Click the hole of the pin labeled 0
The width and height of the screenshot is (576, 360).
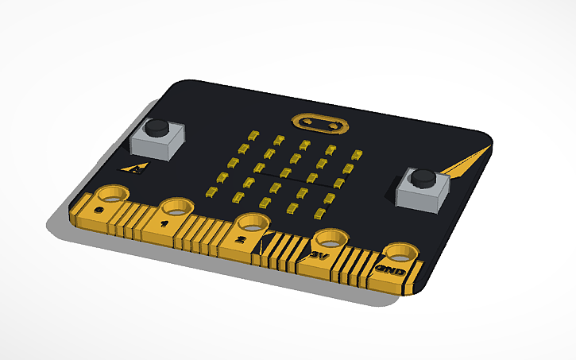pos(114,193)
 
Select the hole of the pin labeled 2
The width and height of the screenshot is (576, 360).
pos(252,223)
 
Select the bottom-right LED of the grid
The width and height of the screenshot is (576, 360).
pos(321,212)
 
